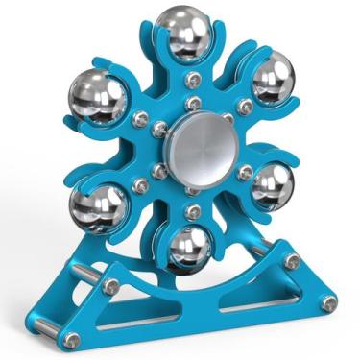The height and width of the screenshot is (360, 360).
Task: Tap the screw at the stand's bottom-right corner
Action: [329, 303]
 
